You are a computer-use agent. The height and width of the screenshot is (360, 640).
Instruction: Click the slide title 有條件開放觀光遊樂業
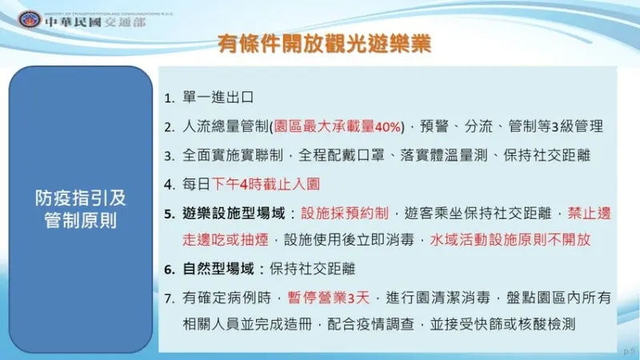click(x=325, y=44)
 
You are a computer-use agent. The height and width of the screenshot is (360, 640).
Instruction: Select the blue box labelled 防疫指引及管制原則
click(x=80, y=209)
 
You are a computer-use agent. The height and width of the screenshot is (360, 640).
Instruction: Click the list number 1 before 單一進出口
click(x=168, y=98)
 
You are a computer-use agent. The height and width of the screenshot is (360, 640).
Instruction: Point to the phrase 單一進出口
click(x=218, y=98)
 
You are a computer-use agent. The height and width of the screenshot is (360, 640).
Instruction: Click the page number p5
click(x=628, y=351)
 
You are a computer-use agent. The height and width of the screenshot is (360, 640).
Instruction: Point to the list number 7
click(x=168, y=298)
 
